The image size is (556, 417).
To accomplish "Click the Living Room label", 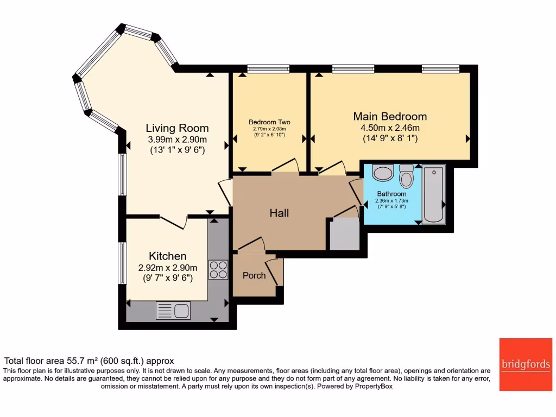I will click(x=177, y=128).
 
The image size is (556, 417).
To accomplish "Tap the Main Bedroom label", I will click(x=390, y=116).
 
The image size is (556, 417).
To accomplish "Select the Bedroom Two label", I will click(x=270, y=122).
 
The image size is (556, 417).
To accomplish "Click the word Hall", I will click(x=280, y=213).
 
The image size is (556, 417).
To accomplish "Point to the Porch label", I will click(x=254, y=275).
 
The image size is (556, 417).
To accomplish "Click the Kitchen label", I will click(x=168, y=256).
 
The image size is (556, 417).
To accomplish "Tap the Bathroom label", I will click(x=391, y=194).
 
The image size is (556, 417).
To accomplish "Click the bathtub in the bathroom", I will click(x=433, y=195).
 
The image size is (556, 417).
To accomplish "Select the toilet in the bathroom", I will click(x=406, y=176).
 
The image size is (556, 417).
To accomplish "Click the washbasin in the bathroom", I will click(x=383, y=173).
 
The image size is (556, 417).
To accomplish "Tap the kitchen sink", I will click(x=173, y=311).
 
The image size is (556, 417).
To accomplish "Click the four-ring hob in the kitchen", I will click(x=219, y=270).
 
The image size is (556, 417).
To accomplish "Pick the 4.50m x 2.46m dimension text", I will click(x=390, y=128).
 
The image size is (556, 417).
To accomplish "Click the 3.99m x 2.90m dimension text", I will click(x=177, y=140).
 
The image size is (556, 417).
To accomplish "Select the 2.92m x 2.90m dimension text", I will click(x=168, y=267).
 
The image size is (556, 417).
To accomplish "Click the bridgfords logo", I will click(x=525, y=364).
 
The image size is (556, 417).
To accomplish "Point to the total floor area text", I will click(x=89, y=361).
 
